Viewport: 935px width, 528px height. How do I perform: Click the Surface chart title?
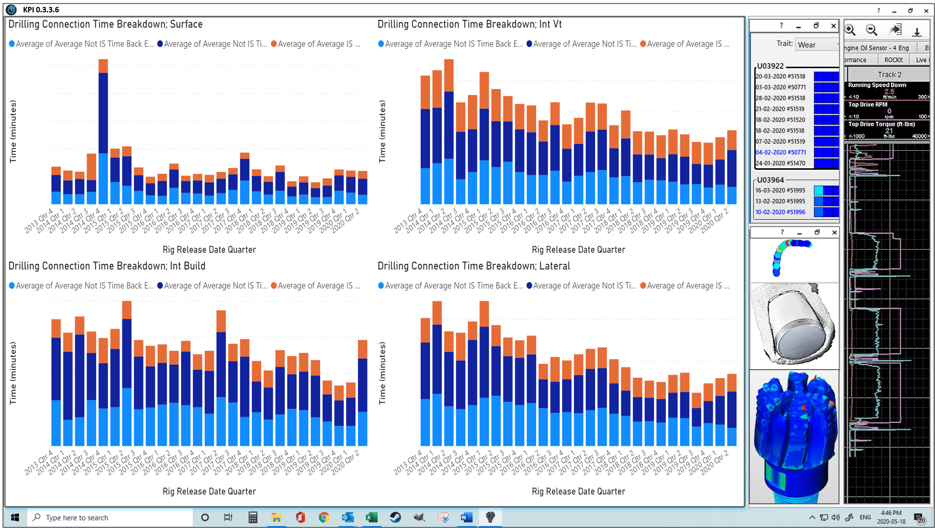pos(105,24)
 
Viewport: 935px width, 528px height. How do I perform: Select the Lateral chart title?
pos(474,266)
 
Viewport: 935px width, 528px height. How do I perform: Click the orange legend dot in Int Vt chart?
pos(643,44)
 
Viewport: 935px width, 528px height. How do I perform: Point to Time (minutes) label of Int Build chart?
pos(13,373)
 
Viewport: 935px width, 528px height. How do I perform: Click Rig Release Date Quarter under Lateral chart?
pos(578,491)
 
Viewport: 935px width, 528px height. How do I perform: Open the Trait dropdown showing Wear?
pos(817,45)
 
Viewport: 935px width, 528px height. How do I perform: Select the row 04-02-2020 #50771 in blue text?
pos(781,152)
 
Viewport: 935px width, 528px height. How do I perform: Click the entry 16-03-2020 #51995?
pos(780,191)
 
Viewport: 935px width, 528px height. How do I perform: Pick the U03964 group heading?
pos(770,180)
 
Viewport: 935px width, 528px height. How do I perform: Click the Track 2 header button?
pos(889,75)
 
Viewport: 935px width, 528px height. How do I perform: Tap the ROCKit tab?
pos(893,60)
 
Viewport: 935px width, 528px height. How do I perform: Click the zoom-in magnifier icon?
pos(850,30)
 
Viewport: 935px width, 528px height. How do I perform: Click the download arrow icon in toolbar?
pos(917,31)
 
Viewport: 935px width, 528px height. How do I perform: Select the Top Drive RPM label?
pos(868,105)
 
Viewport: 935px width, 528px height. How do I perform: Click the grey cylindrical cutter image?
pos(794,325)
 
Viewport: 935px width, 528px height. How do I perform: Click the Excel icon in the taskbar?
pos(371,518)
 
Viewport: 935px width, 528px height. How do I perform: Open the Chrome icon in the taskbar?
pos(324,518)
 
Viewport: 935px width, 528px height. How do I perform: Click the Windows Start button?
pos(15,518)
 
